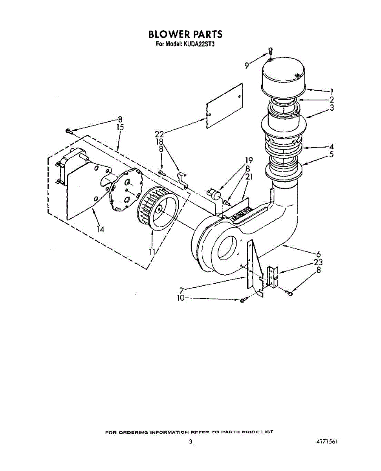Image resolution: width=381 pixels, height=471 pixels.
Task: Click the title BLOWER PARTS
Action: (185, 34)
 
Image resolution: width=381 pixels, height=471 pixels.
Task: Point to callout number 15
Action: (120, 127)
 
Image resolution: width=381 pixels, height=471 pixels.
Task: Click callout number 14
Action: (101, 229)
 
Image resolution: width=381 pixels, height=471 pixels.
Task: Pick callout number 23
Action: (319, 263)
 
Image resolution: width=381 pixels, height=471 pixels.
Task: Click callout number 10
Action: (181, 298)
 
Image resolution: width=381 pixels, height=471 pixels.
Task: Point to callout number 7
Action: (181, 291)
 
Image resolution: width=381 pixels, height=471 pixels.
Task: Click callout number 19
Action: (249, 160)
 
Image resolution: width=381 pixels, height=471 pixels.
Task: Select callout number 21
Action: (249, 177)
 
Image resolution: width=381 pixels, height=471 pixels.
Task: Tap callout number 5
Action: (332, 155)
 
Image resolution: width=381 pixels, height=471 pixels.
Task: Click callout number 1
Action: (332, 92)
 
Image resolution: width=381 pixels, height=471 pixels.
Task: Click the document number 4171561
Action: (327, 442)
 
